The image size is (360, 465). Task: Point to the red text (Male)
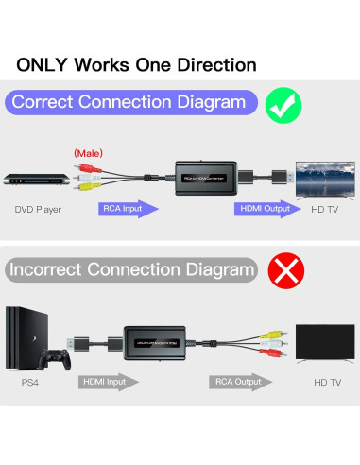pos(88,152)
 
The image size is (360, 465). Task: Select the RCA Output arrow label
pos(240,383)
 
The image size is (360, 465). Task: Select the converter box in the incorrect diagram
pos(158,341)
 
